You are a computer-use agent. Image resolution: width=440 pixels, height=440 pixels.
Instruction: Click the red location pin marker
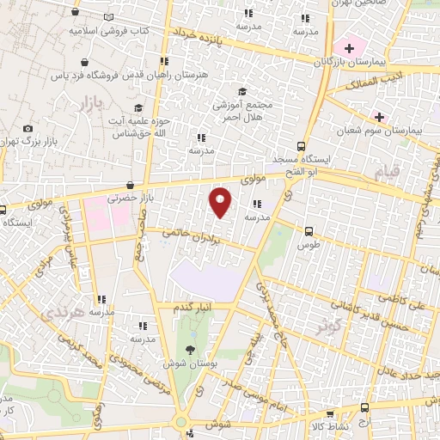[220, 201]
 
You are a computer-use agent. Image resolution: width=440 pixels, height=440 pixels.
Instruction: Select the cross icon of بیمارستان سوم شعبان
[378, 115]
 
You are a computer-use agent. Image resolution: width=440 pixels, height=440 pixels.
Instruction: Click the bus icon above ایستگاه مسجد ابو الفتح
[300, 145]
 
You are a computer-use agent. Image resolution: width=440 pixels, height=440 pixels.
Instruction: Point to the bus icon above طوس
[309, 229]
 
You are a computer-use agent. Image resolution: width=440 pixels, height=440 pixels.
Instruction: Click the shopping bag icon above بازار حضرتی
[130, 184]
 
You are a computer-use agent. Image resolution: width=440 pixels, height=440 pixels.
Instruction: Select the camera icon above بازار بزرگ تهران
[27, 128]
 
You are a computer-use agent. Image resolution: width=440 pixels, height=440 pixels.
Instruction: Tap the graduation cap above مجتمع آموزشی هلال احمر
[241, 91]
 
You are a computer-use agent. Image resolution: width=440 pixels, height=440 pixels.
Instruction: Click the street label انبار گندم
[193, 307]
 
